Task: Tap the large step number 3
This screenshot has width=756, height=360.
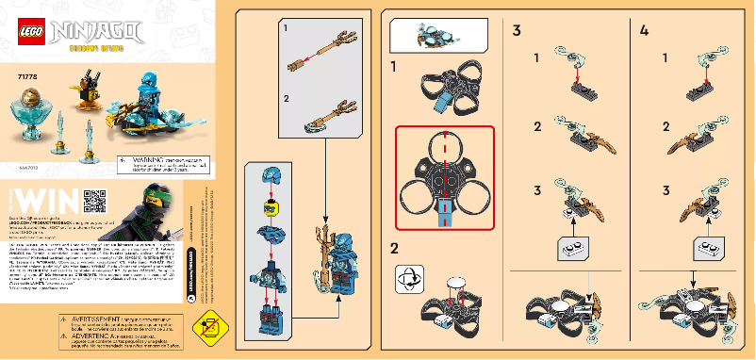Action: coord(518,31)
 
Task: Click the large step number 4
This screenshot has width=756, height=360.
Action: coord(644,31)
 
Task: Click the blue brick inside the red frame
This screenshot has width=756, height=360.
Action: coord(442,216)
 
